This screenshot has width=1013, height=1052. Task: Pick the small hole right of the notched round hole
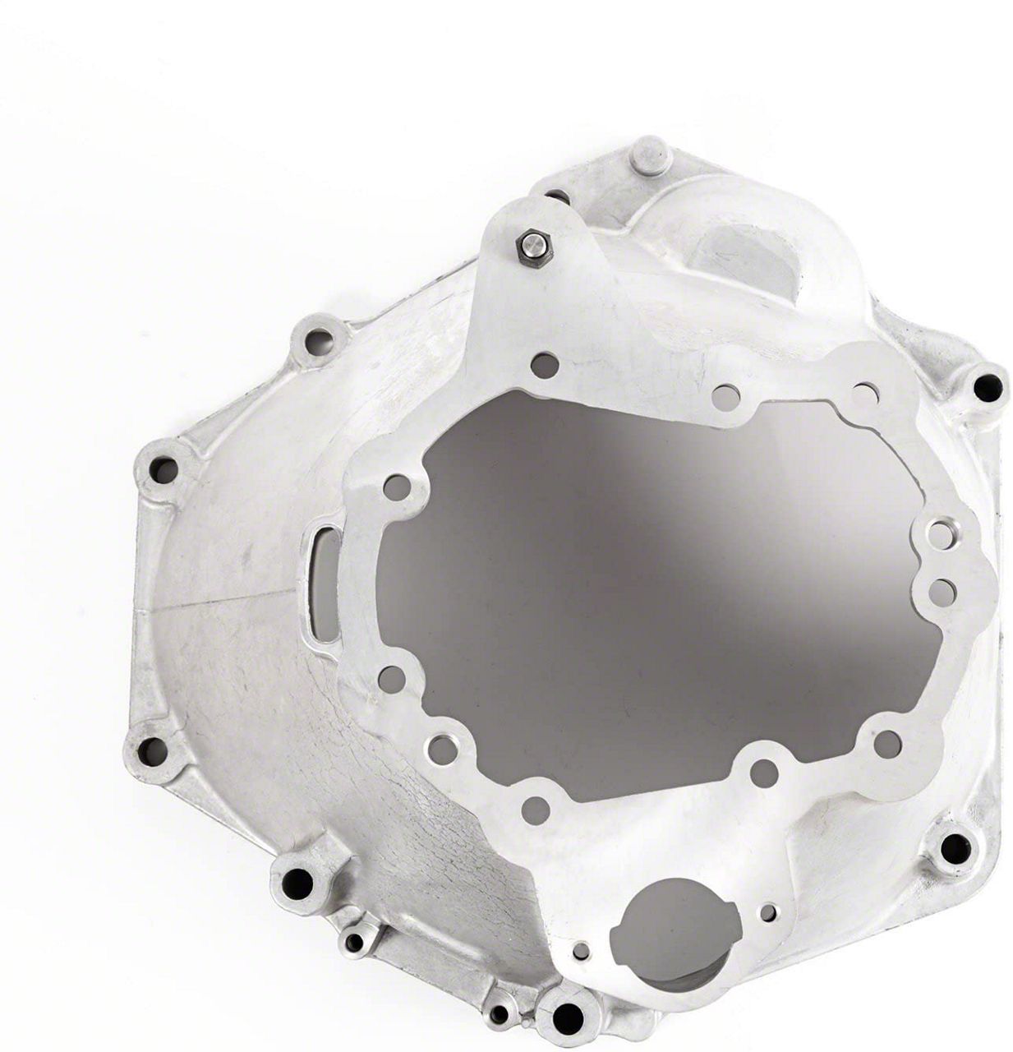[768, 912]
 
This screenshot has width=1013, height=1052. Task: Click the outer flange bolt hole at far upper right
[988, 387]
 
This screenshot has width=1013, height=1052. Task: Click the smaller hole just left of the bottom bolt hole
[499, 1014]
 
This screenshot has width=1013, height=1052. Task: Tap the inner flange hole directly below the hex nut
[544, 364]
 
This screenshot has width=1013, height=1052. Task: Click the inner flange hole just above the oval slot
[397, 488]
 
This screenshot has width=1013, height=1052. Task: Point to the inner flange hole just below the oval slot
[393, 679]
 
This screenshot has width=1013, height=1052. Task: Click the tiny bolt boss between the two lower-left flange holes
[355, 942]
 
